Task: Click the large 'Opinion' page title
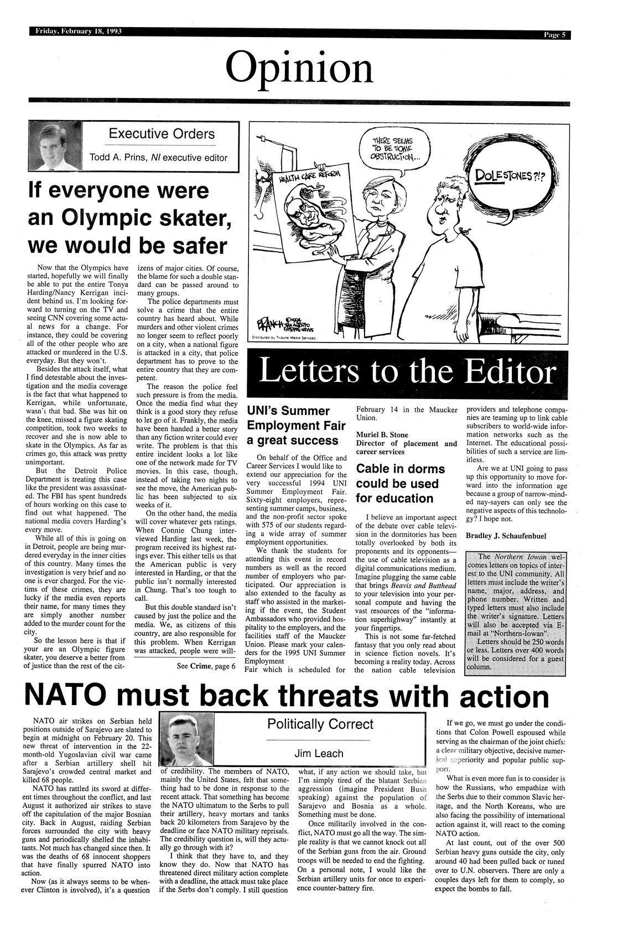click(299, 69)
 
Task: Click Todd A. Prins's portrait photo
click(53, 146)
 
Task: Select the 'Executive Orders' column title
click(162, 134)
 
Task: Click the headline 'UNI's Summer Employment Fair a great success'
click(292, 426)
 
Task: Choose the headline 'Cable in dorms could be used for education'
click(401, 483)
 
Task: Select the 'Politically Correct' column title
click(320, 724)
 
